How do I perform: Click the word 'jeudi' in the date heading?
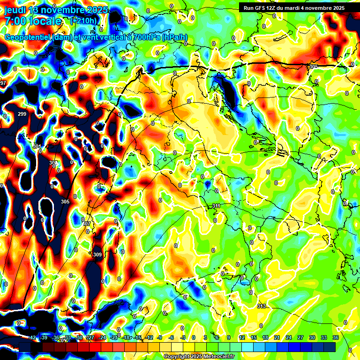click(15, 10)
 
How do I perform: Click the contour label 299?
click(22, 114)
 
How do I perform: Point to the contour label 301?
click(37, 147)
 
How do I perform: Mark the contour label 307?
click(86, 224)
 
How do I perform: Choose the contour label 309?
click(97, 255)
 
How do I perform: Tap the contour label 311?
click(216, 206)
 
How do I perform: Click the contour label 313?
click(262, 306)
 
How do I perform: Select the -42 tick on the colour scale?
click(32, 337)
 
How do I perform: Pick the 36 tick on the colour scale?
click(336, 337)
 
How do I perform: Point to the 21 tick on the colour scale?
click(277, 337)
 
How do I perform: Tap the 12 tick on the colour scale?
click(241, 337)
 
